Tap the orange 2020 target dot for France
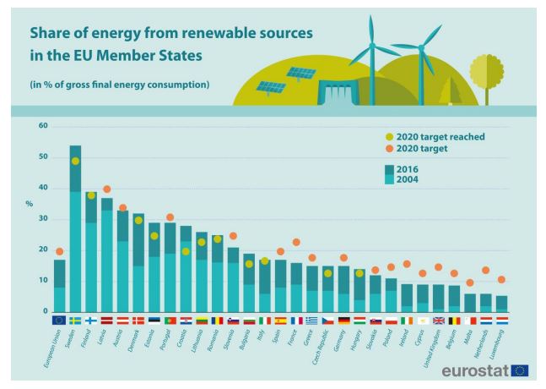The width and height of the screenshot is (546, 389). coord(296,243)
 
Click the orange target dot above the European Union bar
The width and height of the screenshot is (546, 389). coord(59,251)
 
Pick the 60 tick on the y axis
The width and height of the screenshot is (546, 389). coord(43,126)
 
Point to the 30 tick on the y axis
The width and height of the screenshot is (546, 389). coord(43,219)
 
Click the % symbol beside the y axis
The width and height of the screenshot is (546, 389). coord(29,204)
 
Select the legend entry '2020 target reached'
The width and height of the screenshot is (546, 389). coord(436,136)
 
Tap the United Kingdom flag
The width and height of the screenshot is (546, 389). coord(438,321)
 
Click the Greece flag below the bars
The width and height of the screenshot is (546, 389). coord(312,321)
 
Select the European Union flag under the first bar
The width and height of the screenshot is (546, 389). coord(59,321)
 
